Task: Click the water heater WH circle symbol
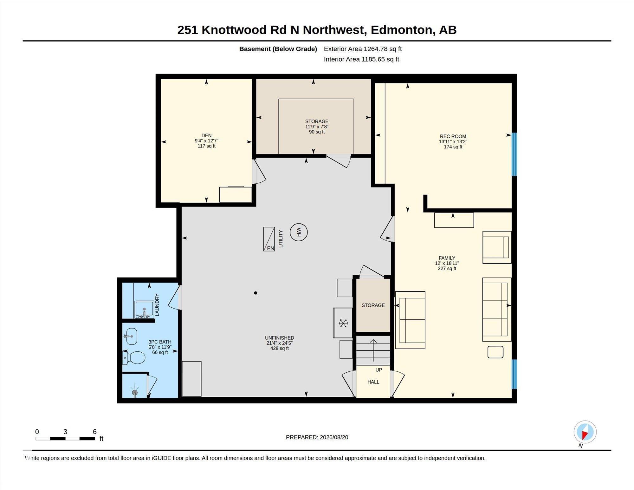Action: (x=299, y=232)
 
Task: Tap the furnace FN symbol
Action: (x=269, y=239)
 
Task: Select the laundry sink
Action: (x=144, y=309)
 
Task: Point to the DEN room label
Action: (x=206, y=135)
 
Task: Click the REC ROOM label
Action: (x=453, y=136)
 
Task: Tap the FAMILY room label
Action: (x=447, y=258)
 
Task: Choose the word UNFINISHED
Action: (x=280, y=338)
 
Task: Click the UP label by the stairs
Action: (x=379, y=370)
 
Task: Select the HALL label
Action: (x=373, y=382)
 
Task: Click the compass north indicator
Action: (x=585, y=432)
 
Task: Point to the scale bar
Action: (x=65, y=439)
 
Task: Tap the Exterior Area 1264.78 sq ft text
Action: (x=363, y=49)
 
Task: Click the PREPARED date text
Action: (x=317, y=437)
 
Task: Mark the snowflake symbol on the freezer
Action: (x=343, y=323)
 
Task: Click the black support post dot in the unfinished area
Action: (x=256, y=293)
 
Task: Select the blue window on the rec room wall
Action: (x=514, y=154)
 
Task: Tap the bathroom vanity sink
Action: (x=131, y=336)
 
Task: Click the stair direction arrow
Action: (x=373, y=350)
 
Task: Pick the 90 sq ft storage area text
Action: (x=317, y=132)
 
